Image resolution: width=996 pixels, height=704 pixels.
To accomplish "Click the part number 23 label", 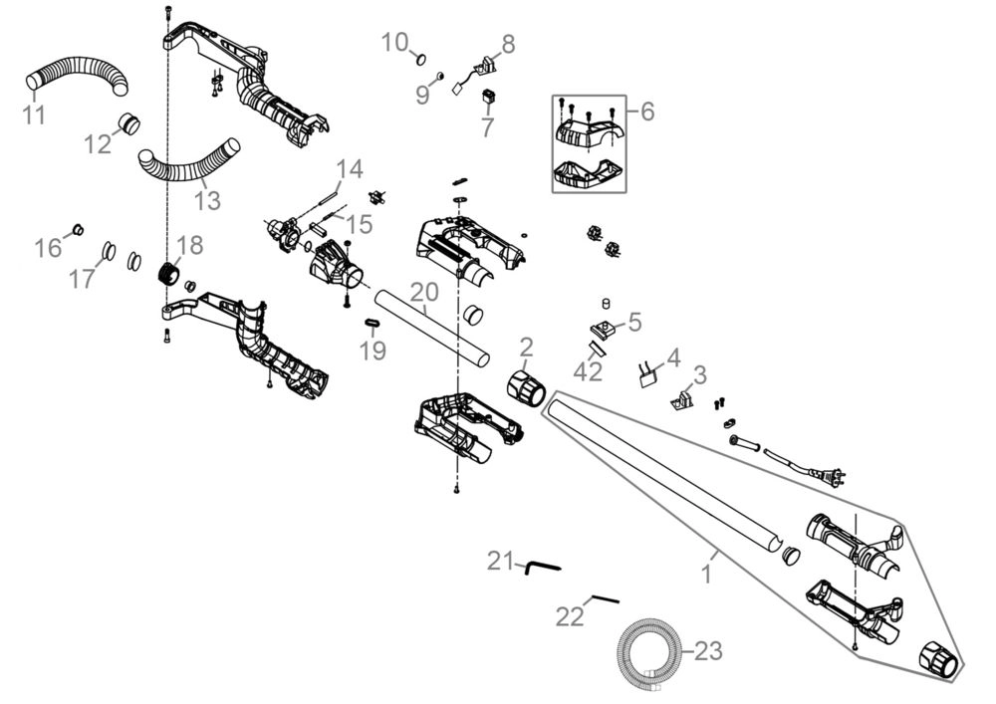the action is pyautogui.click(x=708, y=650).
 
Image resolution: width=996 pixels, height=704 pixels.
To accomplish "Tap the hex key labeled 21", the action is pyautogui.click(x=542, y=567).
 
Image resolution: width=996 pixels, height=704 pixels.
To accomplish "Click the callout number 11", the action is pyautogui.click(x=34, y=116).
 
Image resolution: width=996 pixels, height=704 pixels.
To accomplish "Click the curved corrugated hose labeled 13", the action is pyautogui.click(x=188, y=163).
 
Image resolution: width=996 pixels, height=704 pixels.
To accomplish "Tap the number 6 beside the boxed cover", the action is pyautogui.click(x=647, y=112).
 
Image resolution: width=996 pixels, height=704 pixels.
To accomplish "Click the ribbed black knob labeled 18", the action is pyautogui.click(x=168, y=275).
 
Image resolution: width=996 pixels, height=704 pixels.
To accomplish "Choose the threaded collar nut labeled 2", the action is pyautogui.click(x=527, y=387).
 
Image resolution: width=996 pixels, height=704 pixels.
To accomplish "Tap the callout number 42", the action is pyautogui.click(x=588, y=372).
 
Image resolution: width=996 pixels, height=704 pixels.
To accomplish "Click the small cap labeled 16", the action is pyautogui.click(x=79, y=229).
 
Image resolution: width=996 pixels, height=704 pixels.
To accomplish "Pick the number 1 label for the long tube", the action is pyautogui.click(x=706, y=575).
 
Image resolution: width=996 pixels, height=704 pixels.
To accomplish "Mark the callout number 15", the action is pyautogui.click(x=360, y=223).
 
